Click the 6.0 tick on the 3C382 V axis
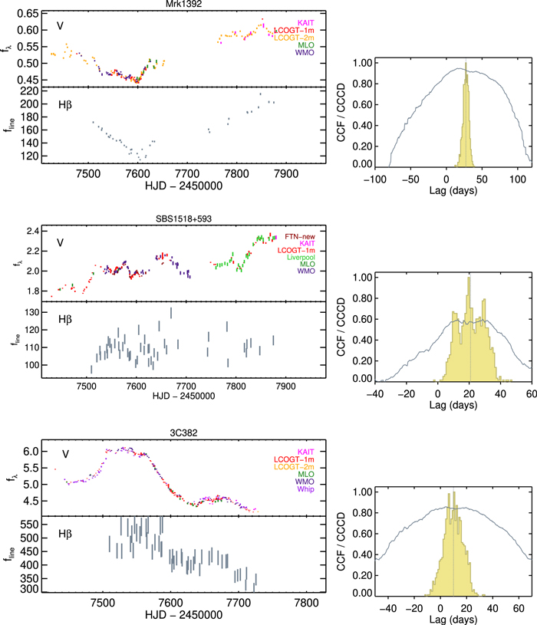pos(29,452)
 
